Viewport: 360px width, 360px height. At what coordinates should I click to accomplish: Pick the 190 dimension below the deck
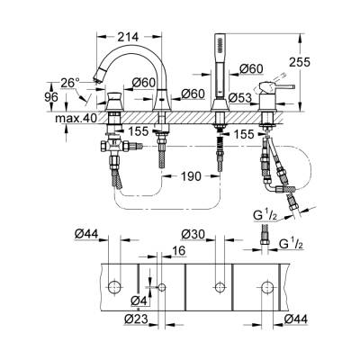187,177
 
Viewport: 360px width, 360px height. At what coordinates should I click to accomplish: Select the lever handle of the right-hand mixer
287,87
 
